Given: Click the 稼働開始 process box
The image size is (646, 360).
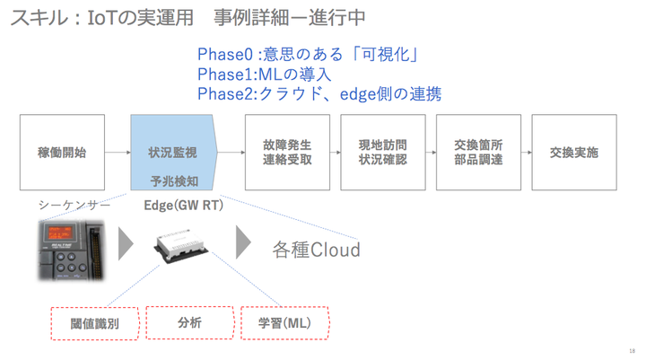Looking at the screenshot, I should point(63,153).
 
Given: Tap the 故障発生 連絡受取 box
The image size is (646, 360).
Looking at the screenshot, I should point(287,153).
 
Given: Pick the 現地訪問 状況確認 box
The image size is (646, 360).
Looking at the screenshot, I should point(383,153).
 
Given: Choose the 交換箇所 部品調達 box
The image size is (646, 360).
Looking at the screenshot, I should point(478,153).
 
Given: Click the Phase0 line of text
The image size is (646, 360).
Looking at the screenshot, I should point(310,55).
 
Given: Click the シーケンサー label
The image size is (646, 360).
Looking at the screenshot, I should point(74,206).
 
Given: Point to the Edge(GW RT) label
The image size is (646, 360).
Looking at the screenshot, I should point(184,206).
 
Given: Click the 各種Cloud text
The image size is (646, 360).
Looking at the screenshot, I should point(316,249).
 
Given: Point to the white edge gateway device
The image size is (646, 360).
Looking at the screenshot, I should point(185,247).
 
